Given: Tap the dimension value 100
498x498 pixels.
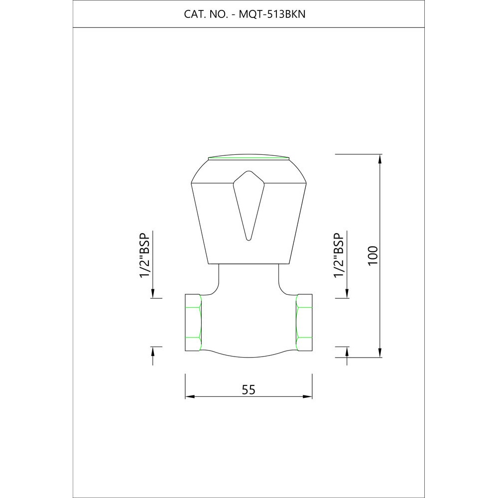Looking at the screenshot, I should point(374,255).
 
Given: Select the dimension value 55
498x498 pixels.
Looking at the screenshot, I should point(249,390).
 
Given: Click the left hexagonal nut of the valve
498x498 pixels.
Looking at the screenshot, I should point(193,322).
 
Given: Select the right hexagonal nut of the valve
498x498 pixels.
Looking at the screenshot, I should point(304,322).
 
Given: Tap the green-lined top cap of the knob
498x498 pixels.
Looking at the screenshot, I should point(249,158).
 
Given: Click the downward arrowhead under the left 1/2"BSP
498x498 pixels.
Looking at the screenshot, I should point(153,293).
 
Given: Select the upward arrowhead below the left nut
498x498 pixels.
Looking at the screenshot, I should point(153,352).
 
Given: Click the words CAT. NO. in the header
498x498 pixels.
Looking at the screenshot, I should point(205,14).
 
